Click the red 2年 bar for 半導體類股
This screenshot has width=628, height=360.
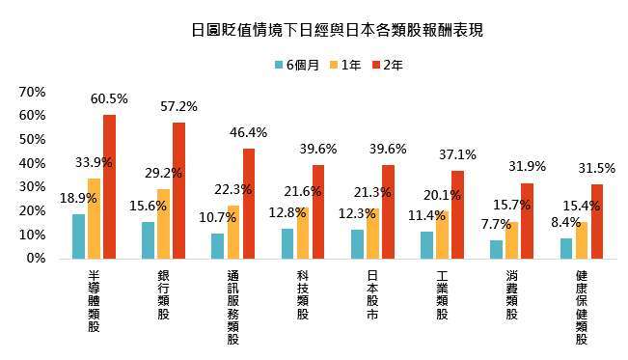pyautogui.click(x=109, y=187)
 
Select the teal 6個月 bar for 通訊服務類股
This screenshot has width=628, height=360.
pyautogui.click(x=218, y=246)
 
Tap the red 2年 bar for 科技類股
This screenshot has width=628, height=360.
pyautogui.click(x=318, y=211)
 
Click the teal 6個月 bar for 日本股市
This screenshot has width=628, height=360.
pyautogui.click(x=357, y=244)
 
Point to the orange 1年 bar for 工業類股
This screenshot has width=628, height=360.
pyautogui.click(x=442, y=235)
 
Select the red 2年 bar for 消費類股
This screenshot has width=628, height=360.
pyautogui.click(x=527, y=221)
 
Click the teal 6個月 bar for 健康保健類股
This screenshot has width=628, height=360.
pyautogui.click(x=566, y=249)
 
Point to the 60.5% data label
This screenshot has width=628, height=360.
pyautogui.click(x=109, y=99)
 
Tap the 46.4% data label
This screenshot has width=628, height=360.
pyautogui.click(x=249, y=132)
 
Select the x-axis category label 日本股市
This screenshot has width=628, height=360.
pyautogui.click(x=372, y=294)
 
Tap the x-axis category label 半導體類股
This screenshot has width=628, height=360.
pyautogui.click(x=94, y=301)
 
